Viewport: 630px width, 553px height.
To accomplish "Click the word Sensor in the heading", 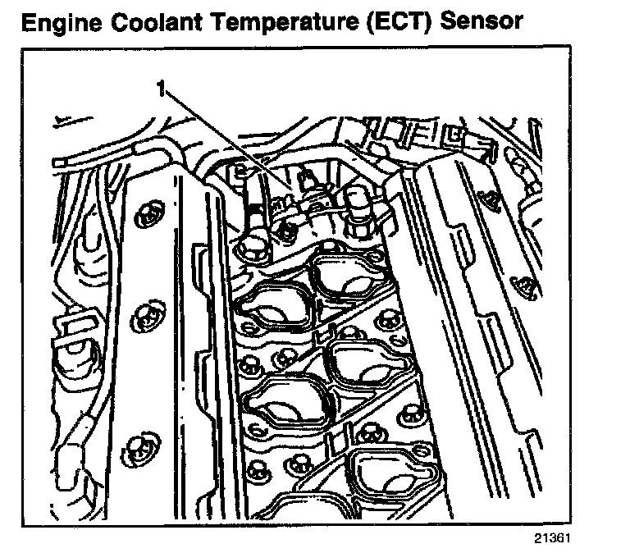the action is click(480, 22).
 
